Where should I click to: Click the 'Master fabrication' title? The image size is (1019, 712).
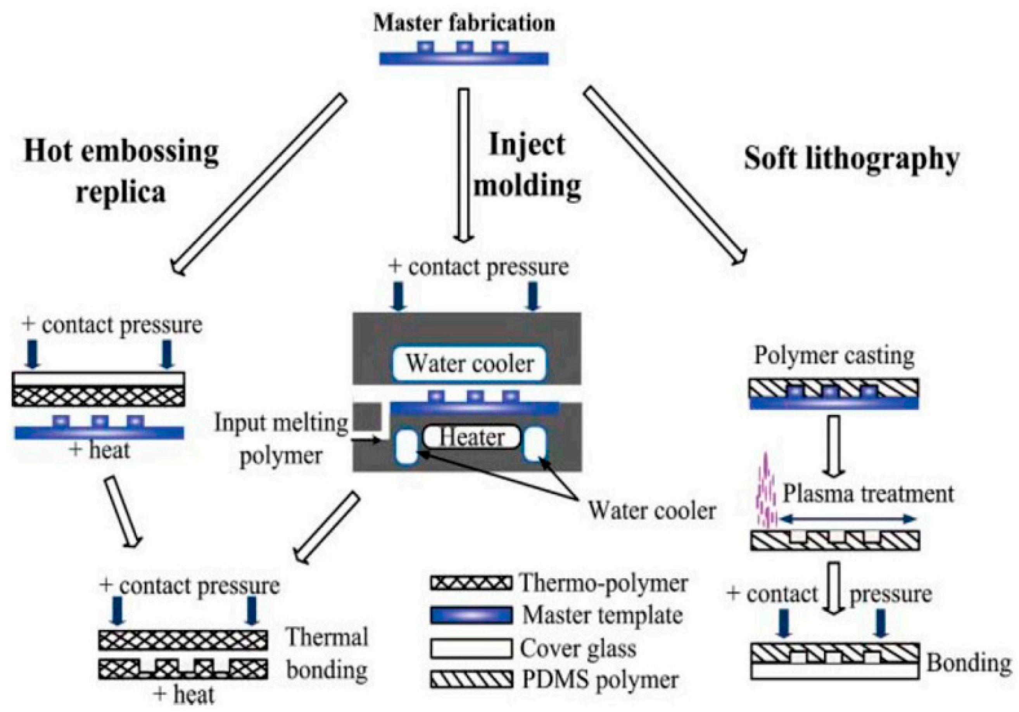(464, 23)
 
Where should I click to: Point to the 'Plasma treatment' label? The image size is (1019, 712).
(868, 494)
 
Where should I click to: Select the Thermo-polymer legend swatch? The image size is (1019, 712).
(471, 583)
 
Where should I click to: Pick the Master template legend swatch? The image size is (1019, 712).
(471, 615)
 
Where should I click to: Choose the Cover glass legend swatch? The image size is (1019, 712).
(471, 648)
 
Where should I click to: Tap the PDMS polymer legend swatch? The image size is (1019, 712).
(471, 679)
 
